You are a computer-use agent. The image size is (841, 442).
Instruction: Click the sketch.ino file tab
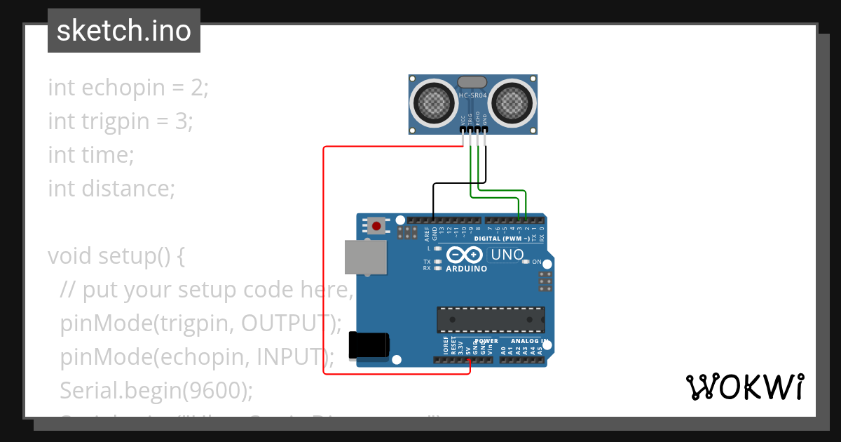124,31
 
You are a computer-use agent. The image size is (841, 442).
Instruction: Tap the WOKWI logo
744,387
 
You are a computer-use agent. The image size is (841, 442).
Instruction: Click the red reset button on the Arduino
377,226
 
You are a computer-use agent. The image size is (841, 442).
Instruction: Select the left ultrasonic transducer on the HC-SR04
435,104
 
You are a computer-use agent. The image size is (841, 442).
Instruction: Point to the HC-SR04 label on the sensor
473,95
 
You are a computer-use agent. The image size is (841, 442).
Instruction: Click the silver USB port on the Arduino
366,257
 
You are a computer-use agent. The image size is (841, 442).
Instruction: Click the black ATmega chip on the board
491,319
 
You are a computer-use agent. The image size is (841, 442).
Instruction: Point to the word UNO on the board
507,255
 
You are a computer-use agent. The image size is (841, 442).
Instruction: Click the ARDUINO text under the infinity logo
466,268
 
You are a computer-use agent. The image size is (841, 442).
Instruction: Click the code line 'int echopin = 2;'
128,88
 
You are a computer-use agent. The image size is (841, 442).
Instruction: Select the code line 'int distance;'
111,188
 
